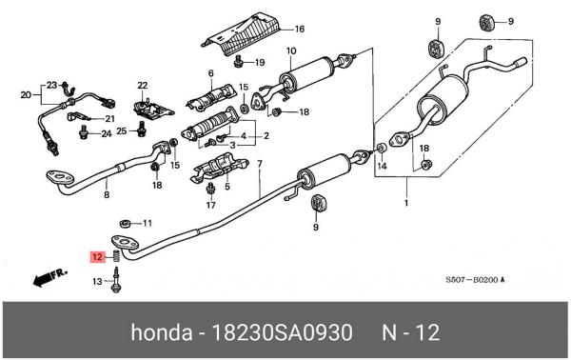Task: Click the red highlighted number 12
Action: pos(98,257)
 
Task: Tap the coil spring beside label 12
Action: pos(117,256)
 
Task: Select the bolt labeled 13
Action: pos(116,280)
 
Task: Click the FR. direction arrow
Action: pos(49,278)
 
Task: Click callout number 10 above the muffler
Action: pos(291,51)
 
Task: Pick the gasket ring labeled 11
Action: pos(125,223)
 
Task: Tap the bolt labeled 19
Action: pos(238,61)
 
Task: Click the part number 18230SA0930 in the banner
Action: pos(282,332)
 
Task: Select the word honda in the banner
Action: pos(162,332)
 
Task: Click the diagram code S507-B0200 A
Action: pos(475,280)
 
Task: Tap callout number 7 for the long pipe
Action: pos(259,164)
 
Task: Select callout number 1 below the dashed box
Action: pos(406,202)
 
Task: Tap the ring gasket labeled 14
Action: pos(382,148)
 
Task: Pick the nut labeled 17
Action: pos(210,189)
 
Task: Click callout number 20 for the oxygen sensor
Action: pos(26,95)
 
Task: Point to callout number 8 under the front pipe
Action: pos(107,194)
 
